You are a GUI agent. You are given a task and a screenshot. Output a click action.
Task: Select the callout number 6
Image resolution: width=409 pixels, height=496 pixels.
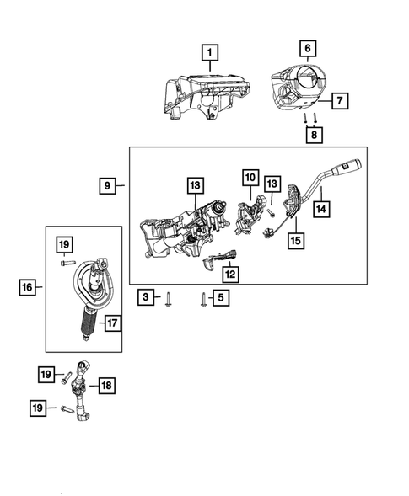pyautogui.click(x=308, y=49)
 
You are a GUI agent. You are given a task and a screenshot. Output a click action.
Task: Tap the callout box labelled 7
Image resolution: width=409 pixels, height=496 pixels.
pyautogui.click(x=338, y=101)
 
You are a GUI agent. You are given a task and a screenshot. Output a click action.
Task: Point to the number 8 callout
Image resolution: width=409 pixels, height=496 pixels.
pyautogui.click(x=312, y=135)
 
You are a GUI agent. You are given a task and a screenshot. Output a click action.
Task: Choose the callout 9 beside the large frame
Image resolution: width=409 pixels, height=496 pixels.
pyautogui.click(x=108, y=184)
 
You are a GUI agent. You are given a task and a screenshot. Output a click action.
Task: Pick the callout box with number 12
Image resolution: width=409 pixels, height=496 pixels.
pyautogui.click(x=229, y=274)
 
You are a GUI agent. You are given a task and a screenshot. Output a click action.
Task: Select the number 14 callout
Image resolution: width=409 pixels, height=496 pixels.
pyautogui.click(x=320, y=205)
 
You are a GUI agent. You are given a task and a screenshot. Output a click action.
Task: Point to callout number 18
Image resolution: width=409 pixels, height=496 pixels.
pyautogui.click(x=106, y=385)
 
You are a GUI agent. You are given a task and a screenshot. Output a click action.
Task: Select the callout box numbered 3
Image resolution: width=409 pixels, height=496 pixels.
pyautogui.click(x=147, y=296)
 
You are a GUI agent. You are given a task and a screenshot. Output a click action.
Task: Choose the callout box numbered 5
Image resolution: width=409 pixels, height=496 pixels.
pyautogui.click(x=221, y=296)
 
